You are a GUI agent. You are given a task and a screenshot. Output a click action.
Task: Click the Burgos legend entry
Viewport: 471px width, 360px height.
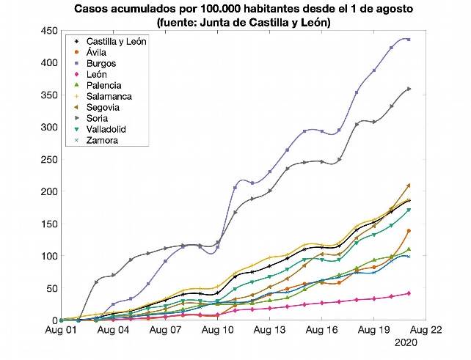98,63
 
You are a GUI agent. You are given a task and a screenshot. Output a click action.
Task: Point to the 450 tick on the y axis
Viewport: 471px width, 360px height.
49,30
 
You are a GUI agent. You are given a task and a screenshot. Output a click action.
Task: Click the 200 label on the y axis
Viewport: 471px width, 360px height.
49,191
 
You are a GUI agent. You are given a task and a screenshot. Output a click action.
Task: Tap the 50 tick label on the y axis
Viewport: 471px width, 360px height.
52,288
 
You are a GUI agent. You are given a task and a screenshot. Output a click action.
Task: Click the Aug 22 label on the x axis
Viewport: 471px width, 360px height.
426,331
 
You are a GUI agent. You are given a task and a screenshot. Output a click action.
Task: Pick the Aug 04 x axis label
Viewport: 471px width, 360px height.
114,331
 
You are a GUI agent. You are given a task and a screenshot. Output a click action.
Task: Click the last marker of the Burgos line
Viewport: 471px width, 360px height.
409,40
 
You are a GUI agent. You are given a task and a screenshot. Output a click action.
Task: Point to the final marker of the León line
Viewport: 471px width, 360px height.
409,293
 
